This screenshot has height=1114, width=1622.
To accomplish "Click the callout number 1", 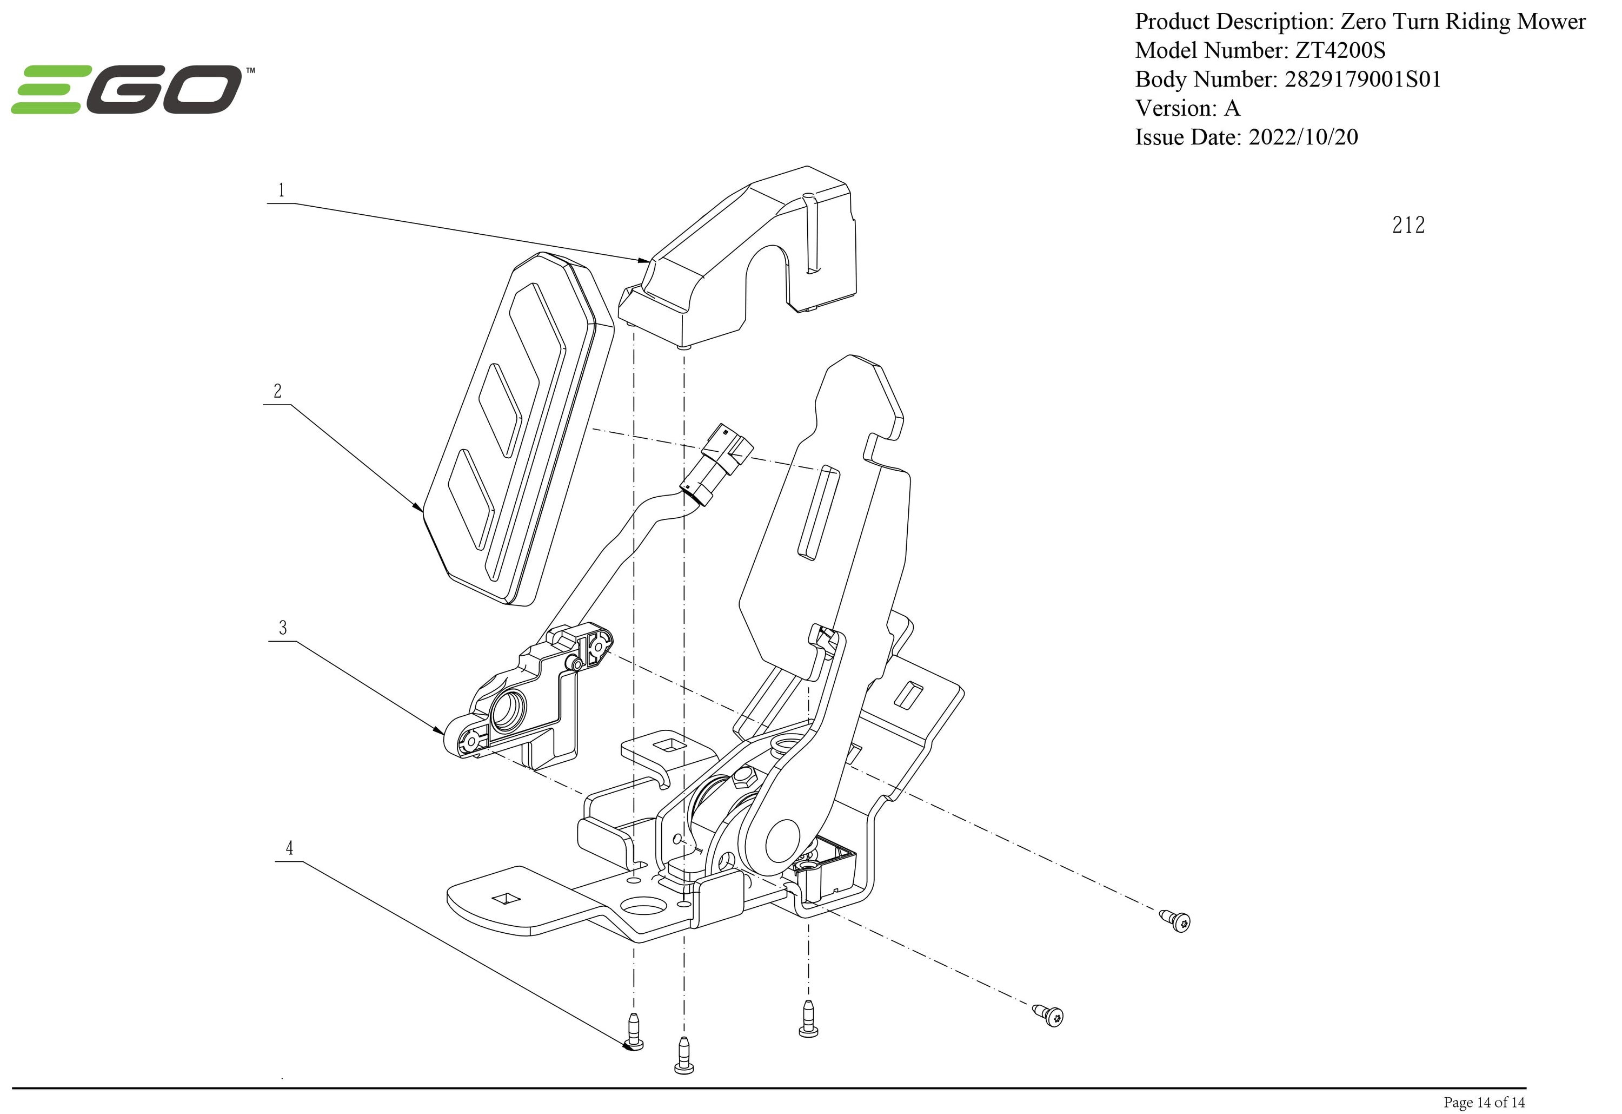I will [281, 190].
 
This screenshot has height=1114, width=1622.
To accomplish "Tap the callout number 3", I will [283, 627].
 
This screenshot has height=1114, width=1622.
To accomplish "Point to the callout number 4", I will [289, 848].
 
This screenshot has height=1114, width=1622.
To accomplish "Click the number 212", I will [1408, 225].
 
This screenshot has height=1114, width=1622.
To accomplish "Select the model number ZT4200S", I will [1340, 50].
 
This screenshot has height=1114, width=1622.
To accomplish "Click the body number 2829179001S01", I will [1362, 80].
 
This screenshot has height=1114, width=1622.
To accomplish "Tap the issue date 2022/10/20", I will [1303, 137].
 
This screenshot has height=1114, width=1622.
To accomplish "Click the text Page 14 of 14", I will [1484, 1102].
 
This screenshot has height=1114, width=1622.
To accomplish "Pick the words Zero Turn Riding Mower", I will [1463, 22].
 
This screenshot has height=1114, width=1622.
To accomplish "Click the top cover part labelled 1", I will [747, 252].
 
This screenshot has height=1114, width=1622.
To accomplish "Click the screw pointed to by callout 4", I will [634, 1031].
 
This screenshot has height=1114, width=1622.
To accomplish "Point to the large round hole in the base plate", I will [642, 906].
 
